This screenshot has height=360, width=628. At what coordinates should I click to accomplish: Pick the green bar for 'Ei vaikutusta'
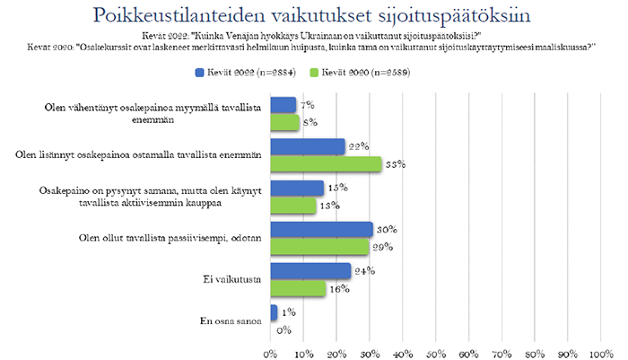297,288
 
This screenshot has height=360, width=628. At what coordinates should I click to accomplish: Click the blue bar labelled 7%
282,105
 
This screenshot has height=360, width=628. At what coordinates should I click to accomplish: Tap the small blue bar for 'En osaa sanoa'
272,312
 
